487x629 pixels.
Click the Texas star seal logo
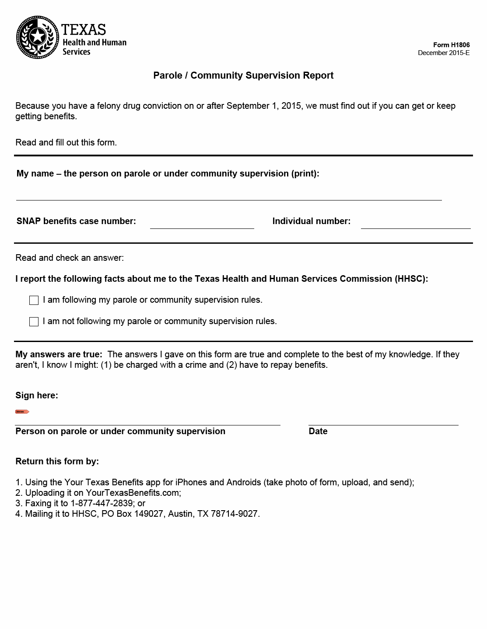pos(37,37)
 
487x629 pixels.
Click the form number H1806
pos(451,45)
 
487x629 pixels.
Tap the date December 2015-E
pos(443,53)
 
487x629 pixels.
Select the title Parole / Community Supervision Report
pos(243,76)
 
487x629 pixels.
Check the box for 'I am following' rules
pos(34,300)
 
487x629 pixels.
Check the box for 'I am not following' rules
pos(34,321)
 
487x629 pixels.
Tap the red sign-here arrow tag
pos(22,411)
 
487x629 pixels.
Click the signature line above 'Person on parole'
pos(147,420)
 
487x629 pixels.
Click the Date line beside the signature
pos(383,420)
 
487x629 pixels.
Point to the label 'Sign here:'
pos(37,395)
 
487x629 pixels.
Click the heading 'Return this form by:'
pos(57,461)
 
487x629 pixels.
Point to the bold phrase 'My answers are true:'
pos(59,354)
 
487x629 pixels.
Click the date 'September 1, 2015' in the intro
pos(264,106)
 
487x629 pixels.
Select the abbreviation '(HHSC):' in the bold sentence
pos(411,279)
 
